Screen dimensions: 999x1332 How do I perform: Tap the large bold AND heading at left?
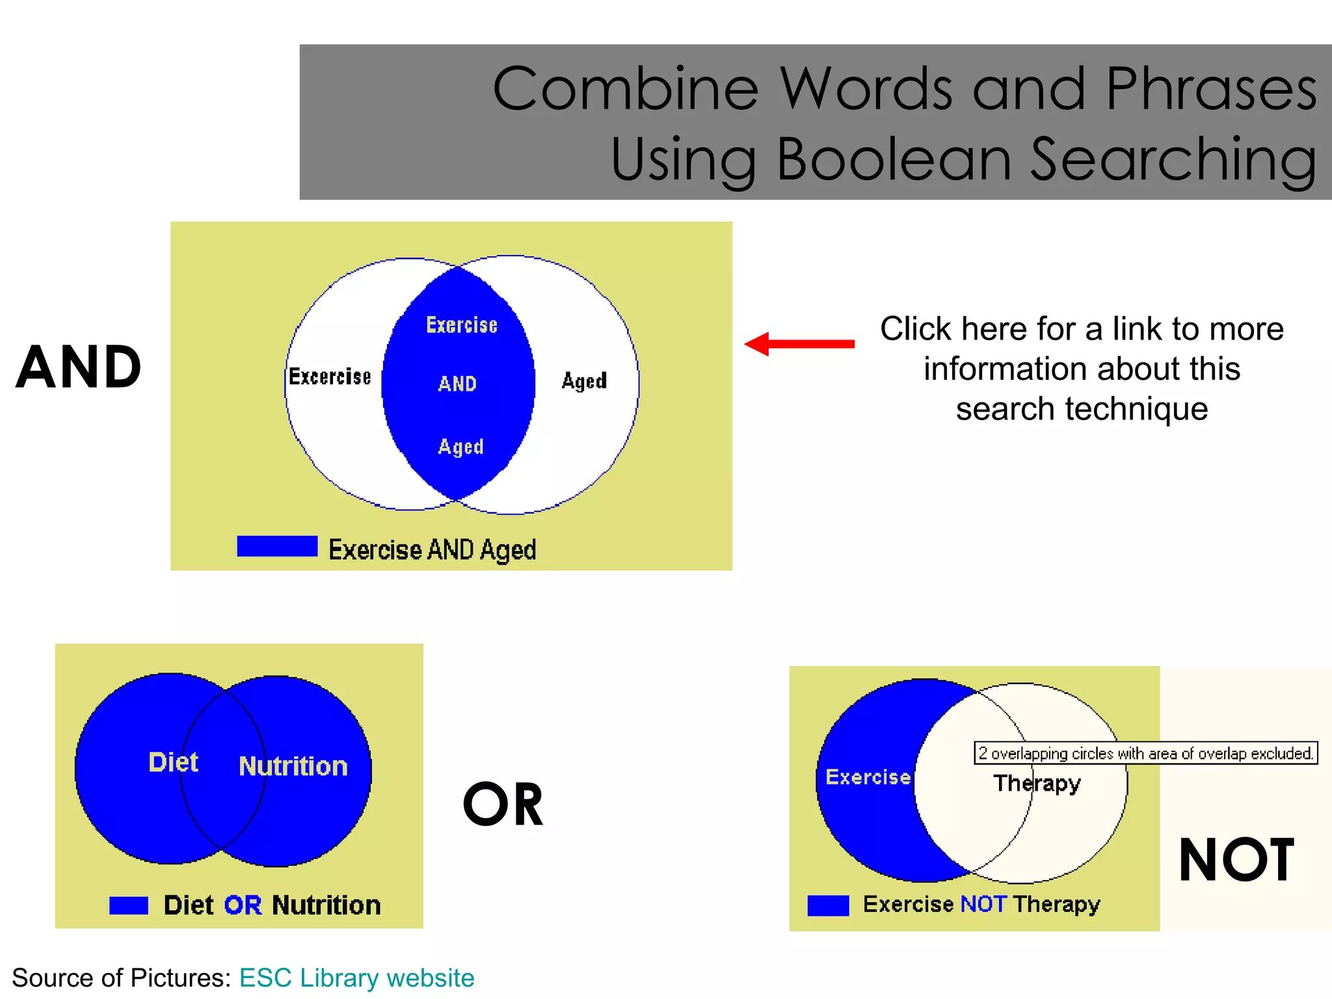[79, 367]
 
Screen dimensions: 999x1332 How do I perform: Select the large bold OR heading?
[503, 805]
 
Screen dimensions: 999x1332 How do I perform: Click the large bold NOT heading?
[1236, 860]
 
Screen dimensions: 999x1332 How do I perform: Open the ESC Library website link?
[356, 978]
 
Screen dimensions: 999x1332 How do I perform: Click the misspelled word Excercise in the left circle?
[330, 377]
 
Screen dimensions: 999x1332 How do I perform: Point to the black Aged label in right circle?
[584, 380]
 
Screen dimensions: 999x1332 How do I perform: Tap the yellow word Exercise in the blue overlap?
[462, 325]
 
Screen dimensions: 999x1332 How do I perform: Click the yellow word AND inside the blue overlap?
[457, 384]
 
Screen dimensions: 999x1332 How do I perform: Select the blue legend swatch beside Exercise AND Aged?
[277, 546]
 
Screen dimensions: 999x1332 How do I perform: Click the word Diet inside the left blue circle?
[173, 762]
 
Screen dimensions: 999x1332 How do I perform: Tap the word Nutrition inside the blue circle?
[293, 766]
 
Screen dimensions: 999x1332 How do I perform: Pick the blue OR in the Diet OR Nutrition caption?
[243, 905]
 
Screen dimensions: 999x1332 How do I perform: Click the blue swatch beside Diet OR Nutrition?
[129, 905]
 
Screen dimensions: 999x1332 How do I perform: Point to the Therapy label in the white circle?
[1037, 783]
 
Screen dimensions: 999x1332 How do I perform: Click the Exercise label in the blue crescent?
[868, 777]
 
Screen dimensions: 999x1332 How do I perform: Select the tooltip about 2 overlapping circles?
[1145, 753]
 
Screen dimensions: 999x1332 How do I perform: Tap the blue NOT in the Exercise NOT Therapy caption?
[983, 903]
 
